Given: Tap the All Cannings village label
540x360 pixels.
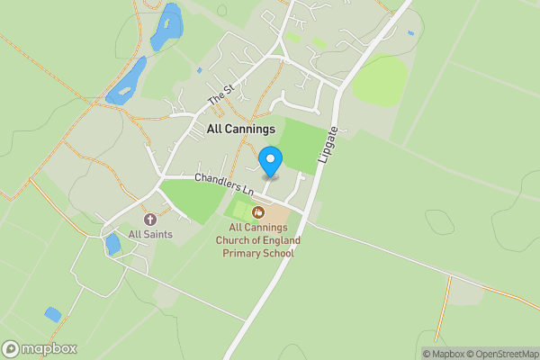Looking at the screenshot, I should coord(241,130).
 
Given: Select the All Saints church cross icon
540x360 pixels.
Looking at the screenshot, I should coord(149,219).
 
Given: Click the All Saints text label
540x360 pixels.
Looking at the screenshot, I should coord(149,235).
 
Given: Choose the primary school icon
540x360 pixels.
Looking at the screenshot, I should coord(258,212).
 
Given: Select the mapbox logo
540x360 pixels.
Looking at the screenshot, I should coord(40,348).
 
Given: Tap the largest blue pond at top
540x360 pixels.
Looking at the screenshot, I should coord(166,27).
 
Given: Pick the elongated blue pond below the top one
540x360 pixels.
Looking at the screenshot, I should coord(127,82).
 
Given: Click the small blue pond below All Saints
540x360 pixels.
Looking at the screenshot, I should coord(113,245).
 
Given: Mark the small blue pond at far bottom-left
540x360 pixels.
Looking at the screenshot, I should coord(53,315).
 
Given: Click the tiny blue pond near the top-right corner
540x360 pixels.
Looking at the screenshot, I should coord(410,33).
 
